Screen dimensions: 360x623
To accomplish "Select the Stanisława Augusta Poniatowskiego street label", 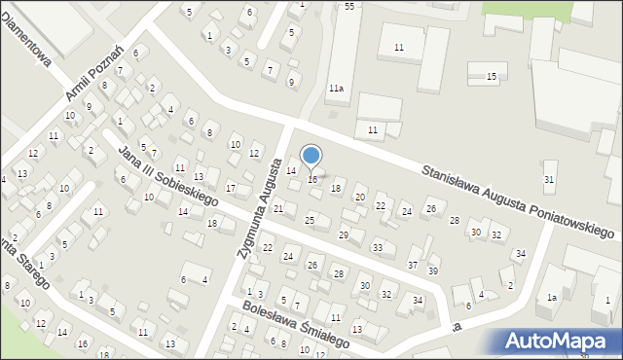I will (x=521, y=202).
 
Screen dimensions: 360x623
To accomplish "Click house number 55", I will (x=348, y=6).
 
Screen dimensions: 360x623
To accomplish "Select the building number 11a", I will (x=336, y=89).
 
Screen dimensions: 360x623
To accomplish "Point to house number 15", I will (x=492, y=77).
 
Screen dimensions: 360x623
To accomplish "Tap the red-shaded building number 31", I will (x=549, y=179).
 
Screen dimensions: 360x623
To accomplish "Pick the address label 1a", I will (x=552, y=297).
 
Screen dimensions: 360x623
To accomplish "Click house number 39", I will (x=433, y=270).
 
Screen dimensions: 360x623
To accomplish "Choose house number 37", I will (x=413, y=265).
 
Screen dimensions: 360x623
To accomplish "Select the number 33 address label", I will (x=378, y=247).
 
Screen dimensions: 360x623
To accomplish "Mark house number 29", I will (x=344, y=234).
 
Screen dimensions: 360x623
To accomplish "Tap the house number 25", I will (x=310, y=221).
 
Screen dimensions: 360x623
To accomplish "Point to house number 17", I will (x=231, y=188).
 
